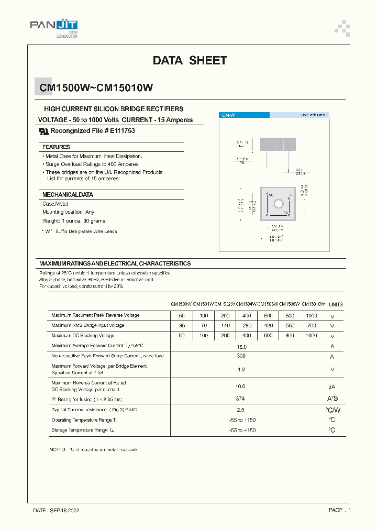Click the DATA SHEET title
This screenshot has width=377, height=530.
coord(190,60)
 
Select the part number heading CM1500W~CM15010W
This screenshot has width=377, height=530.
coord(97,88)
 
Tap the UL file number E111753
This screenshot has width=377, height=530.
coord(123,130)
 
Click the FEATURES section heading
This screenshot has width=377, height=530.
coord(56,147)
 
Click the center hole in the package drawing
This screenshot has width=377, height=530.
coord(279,203)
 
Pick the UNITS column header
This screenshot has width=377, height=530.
coord(336,304)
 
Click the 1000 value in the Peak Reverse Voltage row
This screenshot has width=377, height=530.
coord(312,315)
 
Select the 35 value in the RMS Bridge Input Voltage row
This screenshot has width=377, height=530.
coord(182,325)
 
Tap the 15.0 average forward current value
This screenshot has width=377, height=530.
coord(241,346)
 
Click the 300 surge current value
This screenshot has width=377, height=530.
coord(241,356)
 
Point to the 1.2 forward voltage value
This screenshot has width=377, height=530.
coord(241,369)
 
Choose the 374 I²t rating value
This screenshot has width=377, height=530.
coord(241,399)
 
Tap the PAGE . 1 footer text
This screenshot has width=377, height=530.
coord(340,510)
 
